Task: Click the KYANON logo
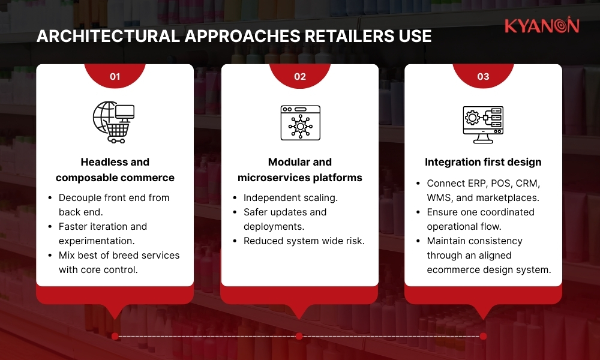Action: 541,26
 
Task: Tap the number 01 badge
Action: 115,76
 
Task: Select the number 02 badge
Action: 300,76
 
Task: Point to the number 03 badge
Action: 483,76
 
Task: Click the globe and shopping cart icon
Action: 113,122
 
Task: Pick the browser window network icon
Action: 300,123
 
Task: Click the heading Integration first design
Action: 483,162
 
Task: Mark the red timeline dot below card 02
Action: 299,336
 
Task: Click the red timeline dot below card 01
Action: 115,336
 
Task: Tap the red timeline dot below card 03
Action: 483,336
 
